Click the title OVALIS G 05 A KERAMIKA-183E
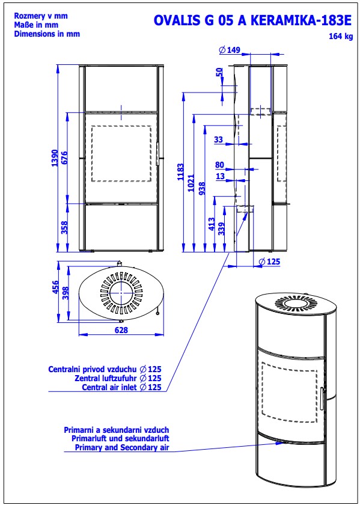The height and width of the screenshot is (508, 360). (x=252, y=20)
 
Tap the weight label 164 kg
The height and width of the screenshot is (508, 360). (x=341, y=36)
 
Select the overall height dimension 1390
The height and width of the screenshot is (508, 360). (x=55, y=158)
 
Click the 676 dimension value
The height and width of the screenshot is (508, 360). (x=64, y=158)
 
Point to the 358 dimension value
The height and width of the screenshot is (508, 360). (x=64, y=227)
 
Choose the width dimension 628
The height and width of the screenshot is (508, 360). (x=121, y=330)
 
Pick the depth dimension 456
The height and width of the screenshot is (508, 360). (x=55, y=287)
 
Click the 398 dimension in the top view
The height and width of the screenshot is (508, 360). (x=66, y=293)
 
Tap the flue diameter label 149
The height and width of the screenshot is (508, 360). (x=230, y=50)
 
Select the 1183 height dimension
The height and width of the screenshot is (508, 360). (x=180, y=172)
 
